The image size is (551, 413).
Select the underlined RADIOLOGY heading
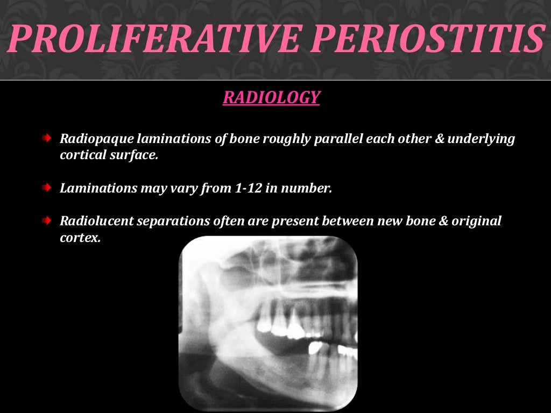click(x=271, y=97)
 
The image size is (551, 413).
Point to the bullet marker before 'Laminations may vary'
click(x=47, y=188)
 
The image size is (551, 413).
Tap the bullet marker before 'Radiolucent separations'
click(x=47, y=220)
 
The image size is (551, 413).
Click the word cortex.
click(x=80, y=238)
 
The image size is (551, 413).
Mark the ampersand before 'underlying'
click(x=440, y=139)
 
